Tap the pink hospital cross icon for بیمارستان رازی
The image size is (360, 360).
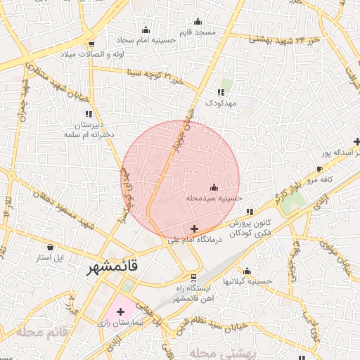click(120, 310)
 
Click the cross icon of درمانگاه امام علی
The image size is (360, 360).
click(195, 229)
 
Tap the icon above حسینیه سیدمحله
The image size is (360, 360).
click(214, 188)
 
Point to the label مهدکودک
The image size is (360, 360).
click(222, 103)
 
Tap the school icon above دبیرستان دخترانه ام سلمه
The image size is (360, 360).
click(89, 113)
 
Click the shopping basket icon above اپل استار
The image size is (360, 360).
click(50, 247)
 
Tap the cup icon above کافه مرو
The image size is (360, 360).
click(320, 169)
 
